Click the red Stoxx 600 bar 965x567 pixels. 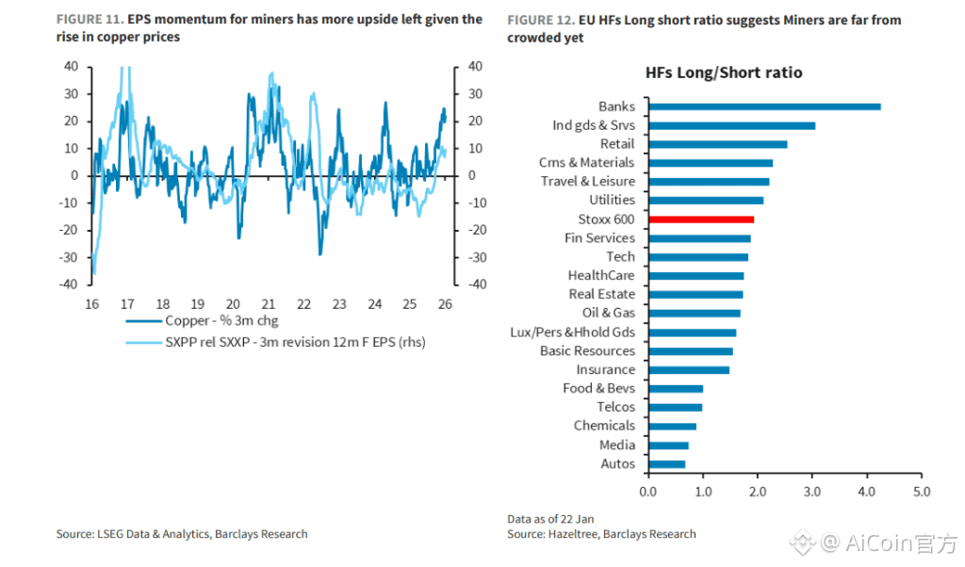(x=701, y=219)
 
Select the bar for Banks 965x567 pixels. (x=764, y=106)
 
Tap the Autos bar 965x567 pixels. (x=666, y=463)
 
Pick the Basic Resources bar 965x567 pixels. (x=690, y=351)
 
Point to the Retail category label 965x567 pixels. (x=617, y=144)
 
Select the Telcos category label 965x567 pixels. (x=615, y=407)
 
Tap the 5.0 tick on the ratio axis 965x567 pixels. (x=922, y=492)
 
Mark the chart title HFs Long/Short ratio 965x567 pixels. (x=724, y=73)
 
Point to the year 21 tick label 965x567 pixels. (x=269, y=304)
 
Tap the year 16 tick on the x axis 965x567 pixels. (x=91, y=304)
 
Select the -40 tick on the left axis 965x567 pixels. (x=70, y=284)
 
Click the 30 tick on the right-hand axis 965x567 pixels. (x=475, y=93)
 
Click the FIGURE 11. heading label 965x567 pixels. (x=90, y=20)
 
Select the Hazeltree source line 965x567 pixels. (x=601, y=534)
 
